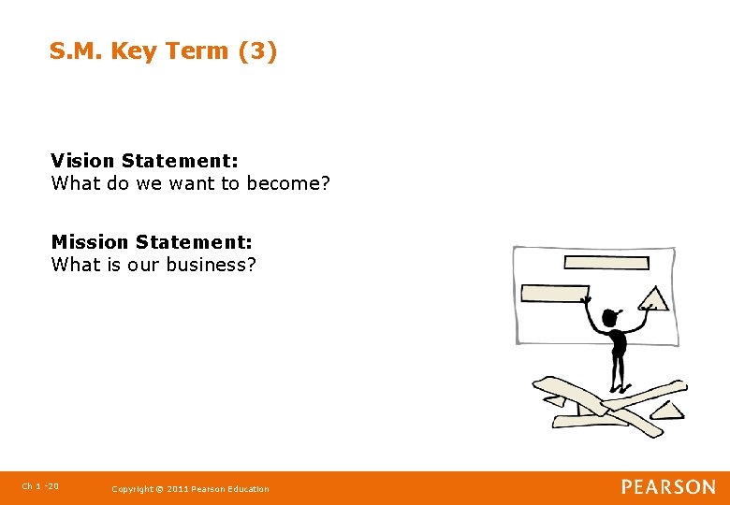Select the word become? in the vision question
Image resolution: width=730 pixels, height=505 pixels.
288,183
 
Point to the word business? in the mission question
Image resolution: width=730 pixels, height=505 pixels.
211,265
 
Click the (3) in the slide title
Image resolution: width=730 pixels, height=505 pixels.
257,51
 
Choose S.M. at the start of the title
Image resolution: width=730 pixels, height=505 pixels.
77,51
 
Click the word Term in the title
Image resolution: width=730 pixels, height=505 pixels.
197,51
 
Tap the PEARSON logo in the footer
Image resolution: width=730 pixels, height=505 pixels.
668,487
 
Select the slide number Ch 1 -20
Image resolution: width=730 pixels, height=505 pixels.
40,486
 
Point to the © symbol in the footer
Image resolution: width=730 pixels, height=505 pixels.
159,489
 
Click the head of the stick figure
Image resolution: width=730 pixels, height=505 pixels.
611,318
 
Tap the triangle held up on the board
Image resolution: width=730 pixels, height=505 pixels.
653,299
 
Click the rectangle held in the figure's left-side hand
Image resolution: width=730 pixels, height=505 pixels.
554,294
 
